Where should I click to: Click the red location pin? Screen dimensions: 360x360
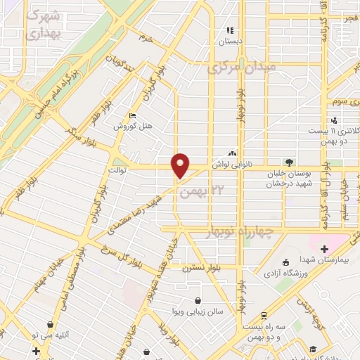pyautogui.click(x=181, y=165)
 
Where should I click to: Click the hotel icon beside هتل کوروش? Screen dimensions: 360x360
pyautogui.click(x=132, y=117)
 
